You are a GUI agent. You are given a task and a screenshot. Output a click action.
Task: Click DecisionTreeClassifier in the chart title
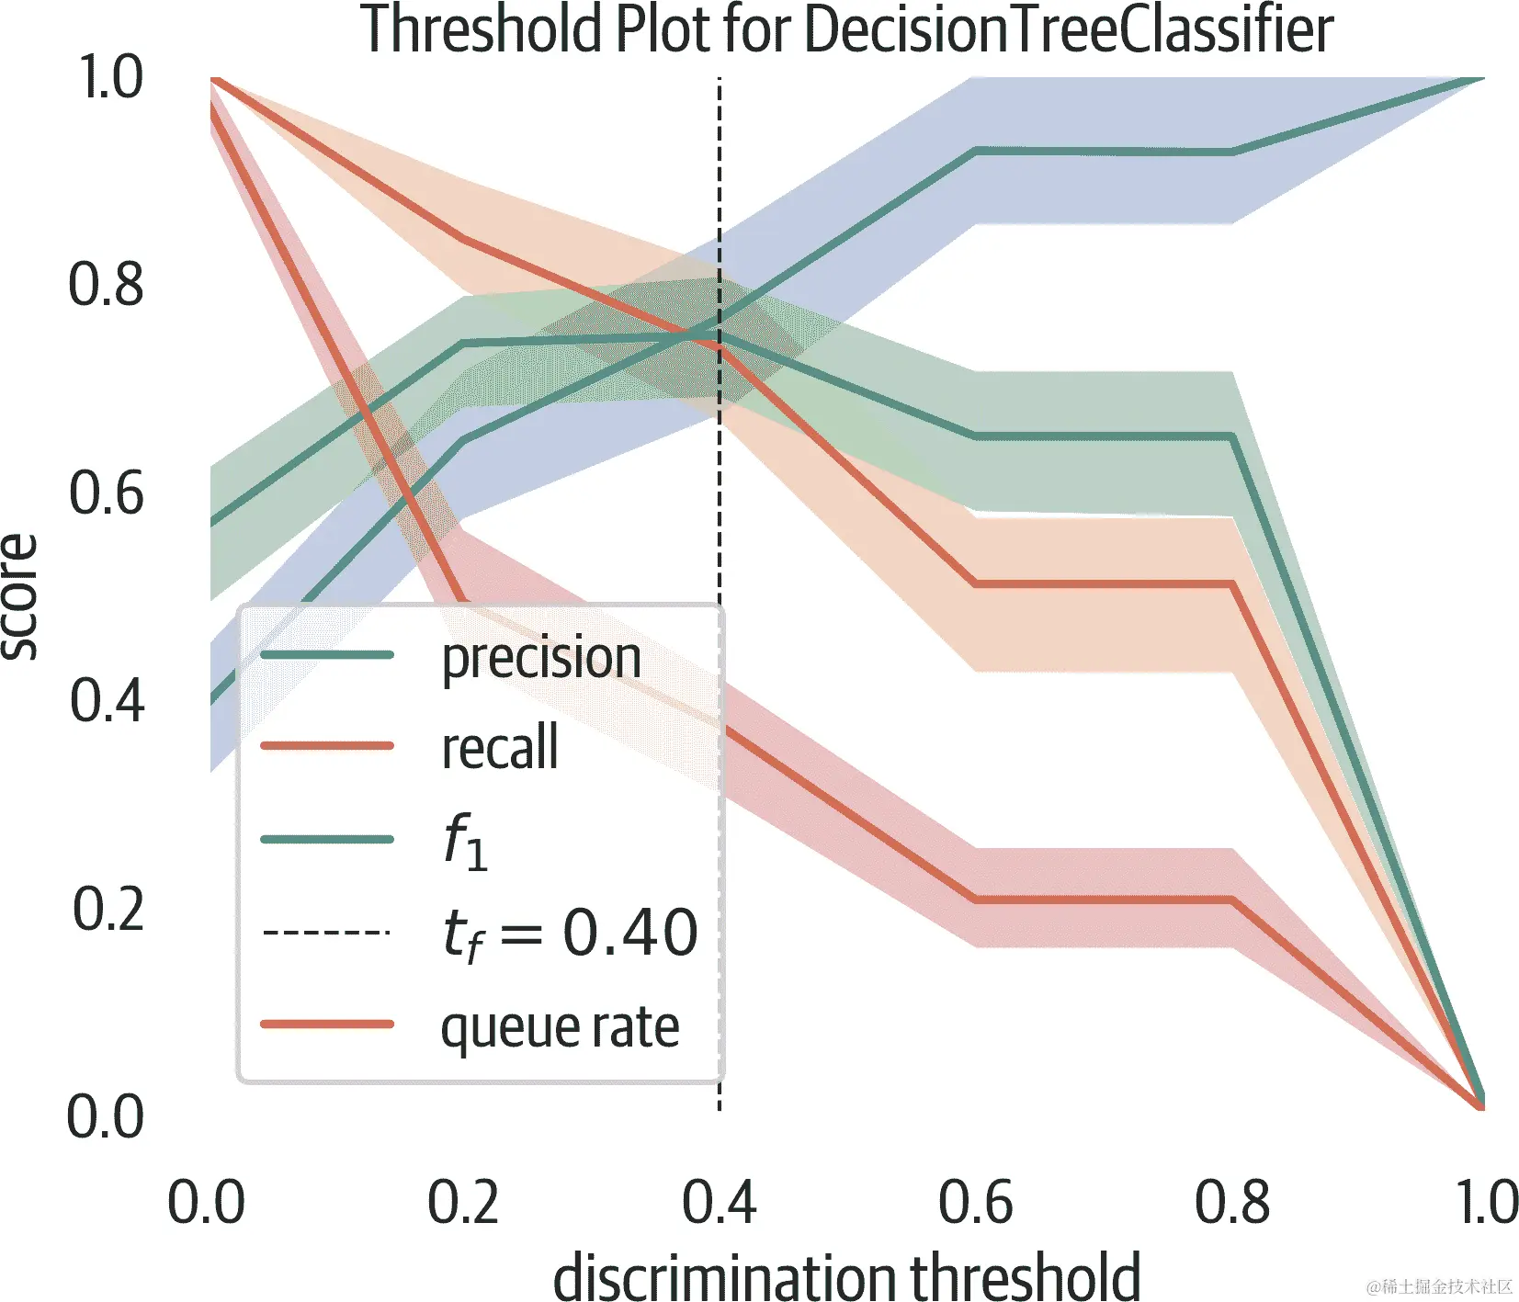[1069, 29]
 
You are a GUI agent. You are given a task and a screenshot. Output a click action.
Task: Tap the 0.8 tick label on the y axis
[107, 284]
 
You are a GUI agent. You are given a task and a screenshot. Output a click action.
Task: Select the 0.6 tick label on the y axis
[107, 492]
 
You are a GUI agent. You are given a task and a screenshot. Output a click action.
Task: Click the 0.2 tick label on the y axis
[108, 910]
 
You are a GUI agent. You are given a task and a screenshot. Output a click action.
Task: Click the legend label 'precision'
[541, 659]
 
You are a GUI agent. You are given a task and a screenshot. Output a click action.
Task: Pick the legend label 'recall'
[500, 747]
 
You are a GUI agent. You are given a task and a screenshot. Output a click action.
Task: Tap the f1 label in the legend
[465, 841]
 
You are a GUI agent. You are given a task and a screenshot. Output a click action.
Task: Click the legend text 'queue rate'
[560, 1027]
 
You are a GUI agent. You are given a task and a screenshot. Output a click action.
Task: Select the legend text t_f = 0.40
[570, 934]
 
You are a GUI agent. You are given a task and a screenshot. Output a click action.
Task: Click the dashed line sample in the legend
[327, 933]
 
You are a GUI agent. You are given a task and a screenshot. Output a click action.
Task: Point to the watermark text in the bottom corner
[1439, 1286]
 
